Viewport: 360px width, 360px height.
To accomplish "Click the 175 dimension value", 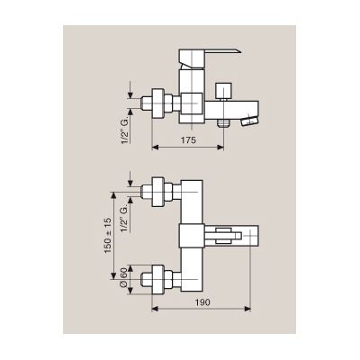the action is [188, 139].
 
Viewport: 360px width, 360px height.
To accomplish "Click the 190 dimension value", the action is [202, 302].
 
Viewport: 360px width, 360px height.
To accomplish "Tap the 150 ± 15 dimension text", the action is [108, 236].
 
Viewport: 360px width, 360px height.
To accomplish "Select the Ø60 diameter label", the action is [123, 277].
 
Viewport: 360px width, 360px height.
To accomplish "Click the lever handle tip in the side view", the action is [239, 50].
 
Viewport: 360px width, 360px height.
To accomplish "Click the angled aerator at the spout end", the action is [249, 121].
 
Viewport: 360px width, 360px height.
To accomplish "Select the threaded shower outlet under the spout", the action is [223, 122].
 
